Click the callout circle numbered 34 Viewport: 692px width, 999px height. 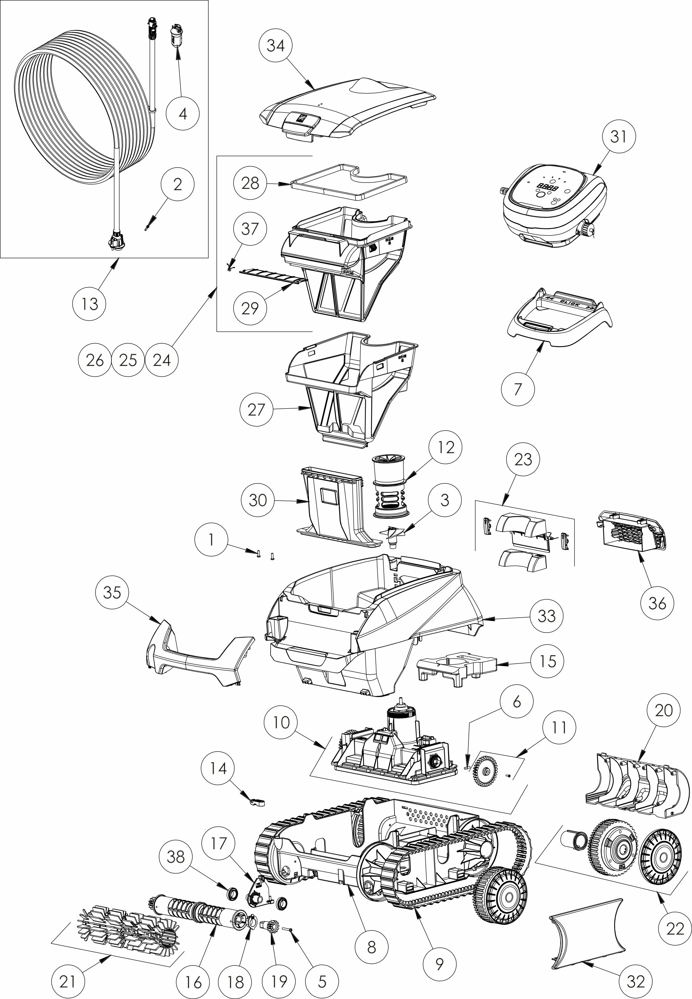[x=275, y=45]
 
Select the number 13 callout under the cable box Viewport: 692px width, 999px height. [x=89, y=304]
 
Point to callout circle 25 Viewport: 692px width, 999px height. [x=128, y=360]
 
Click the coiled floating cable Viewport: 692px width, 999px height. [x=82, y=108]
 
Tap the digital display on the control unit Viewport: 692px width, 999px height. [x=547, y=188]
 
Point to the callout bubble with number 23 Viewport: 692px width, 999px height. [x=523, y=459]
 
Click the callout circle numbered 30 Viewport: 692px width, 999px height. [x=257, y=500]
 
